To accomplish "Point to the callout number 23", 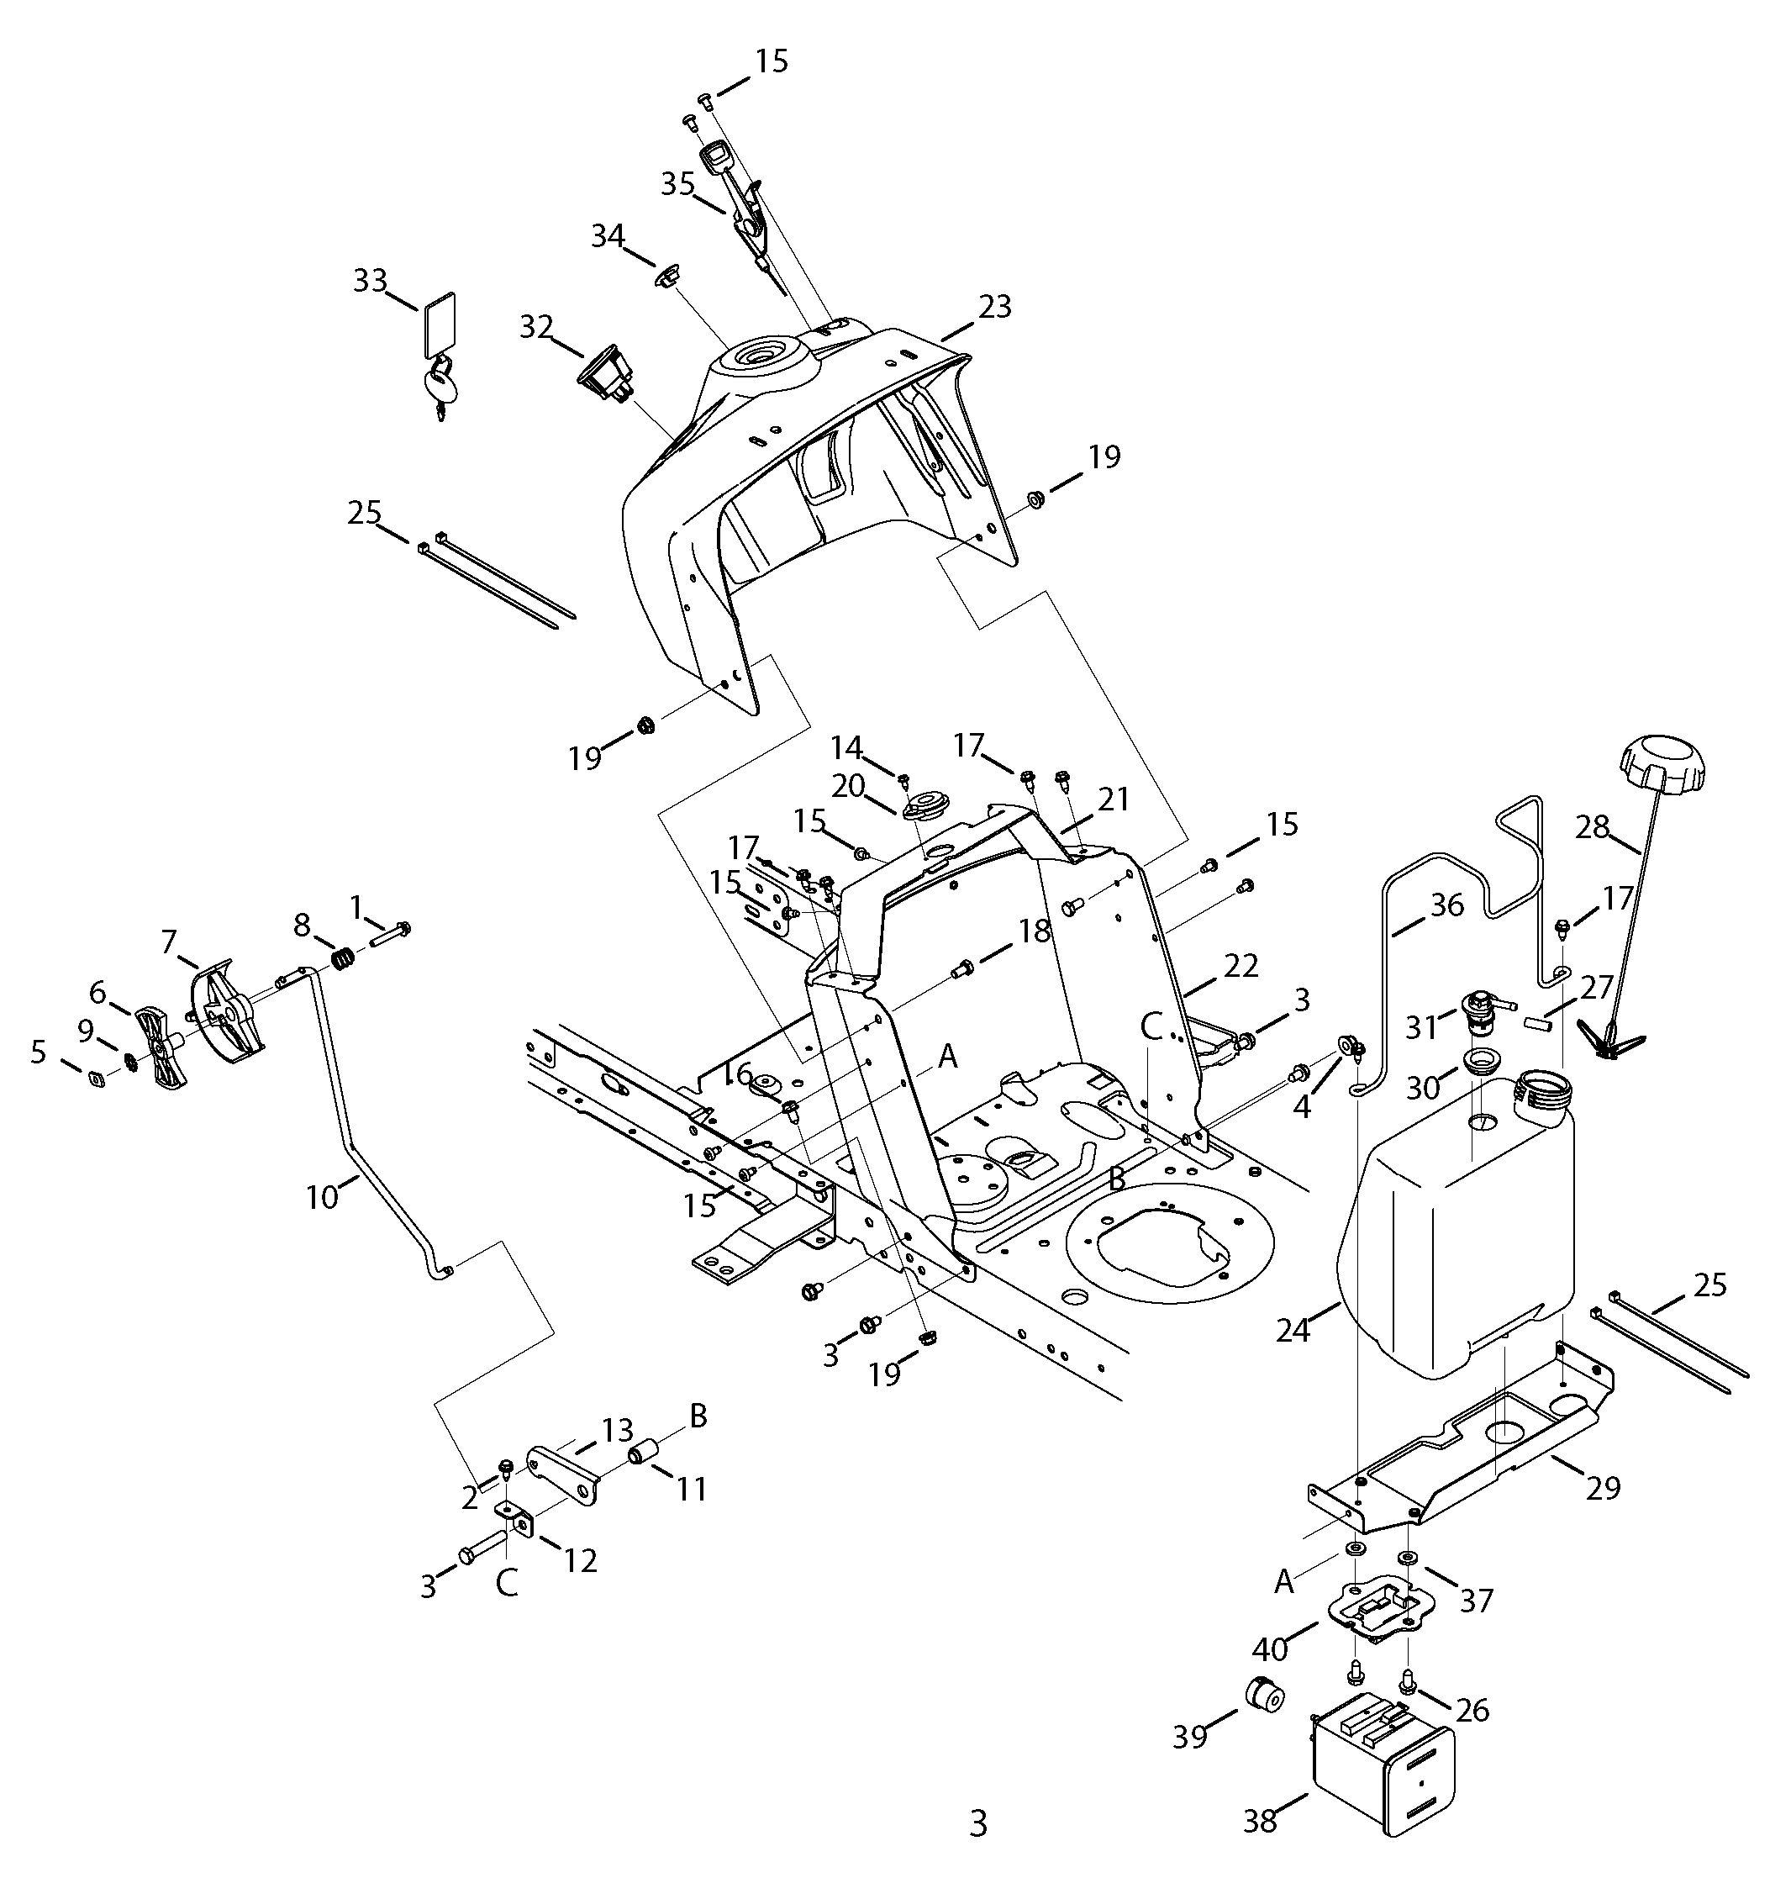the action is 994,307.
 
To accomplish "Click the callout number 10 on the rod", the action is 323,1196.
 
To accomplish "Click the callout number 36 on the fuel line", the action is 1447,905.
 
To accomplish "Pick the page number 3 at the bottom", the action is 977,1823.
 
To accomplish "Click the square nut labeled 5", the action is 97,1079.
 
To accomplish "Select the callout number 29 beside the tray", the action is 1604,1487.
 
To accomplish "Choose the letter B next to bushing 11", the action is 698,1416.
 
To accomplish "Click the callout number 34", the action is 608,235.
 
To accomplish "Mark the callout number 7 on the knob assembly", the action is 169,942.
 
